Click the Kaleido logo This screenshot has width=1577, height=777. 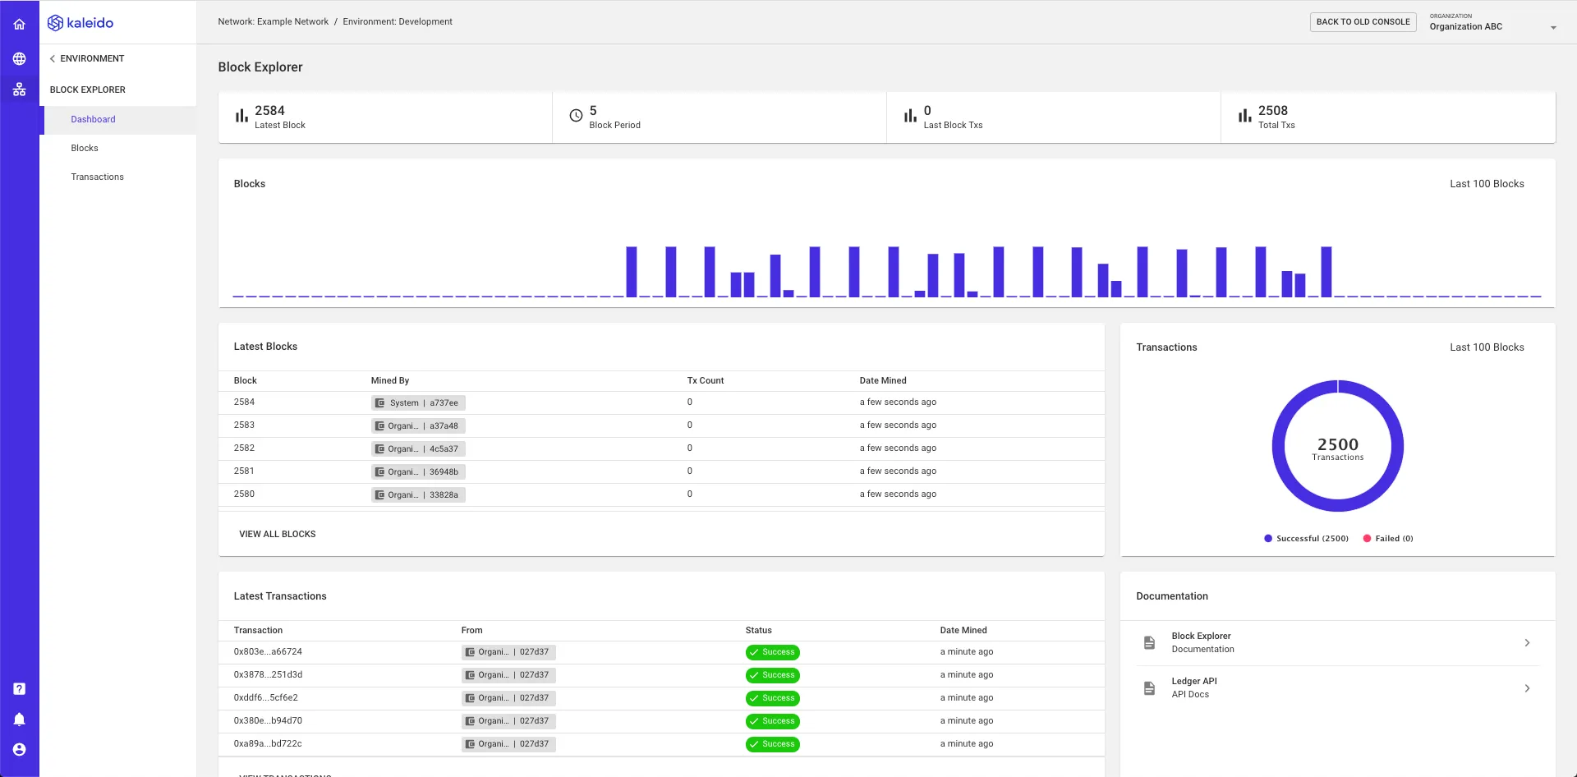coord(80,23)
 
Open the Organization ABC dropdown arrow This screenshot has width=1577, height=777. coord(1553,28)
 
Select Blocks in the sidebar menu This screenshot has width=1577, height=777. coord(85,148)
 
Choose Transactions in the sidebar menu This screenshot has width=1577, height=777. coord(97,177)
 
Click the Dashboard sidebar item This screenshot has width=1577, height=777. coord(93,119)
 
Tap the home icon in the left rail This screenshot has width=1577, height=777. coord(20,25)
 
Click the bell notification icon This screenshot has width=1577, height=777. coord(20,720)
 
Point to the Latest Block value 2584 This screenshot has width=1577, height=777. coord(269,111)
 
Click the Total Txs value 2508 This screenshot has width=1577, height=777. coord(1273,111)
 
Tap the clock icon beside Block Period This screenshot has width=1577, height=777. coord(576,116)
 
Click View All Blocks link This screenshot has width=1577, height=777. coord(278,534)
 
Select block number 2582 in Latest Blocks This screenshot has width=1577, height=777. coord(244,448)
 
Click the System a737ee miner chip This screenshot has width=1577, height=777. coord(418,403)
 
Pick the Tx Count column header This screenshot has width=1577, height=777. coord(706,380)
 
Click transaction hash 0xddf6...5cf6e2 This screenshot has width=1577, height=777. coord(266,698)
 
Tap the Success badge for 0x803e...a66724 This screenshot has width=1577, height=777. coord(773,652)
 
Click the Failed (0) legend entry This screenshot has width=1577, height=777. coord(1388,539)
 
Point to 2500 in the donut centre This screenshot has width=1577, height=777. coord(1338,444)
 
